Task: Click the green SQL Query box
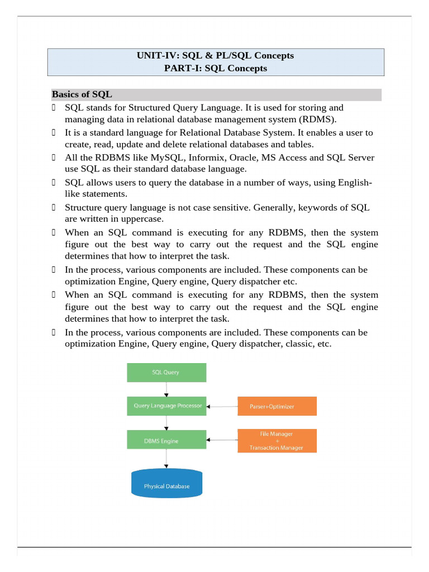(166, 372)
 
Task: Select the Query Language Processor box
(166, 406)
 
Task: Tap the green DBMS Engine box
(166, 441)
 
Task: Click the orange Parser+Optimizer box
(277, 406)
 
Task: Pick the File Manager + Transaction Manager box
(277, 441)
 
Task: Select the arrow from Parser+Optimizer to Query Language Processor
(222, 407)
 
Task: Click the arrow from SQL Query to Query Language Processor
(166, 389)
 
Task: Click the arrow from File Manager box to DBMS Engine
(222, 441)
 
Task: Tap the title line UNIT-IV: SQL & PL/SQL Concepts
(215, 55)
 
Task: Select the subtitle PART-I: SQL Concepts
(215, 68)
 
